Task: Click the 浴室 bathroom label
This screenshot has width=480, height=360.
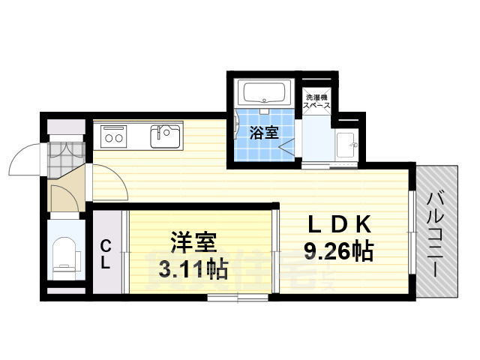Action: coord(264,133)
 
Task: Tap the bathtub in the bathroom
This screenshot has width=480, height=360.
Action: coord(262,94)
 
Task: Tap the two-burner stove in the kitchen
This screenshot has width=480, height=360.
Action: coord(115,136)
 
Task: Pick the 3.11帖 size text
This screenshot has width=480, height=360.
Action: coord(193,268)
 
